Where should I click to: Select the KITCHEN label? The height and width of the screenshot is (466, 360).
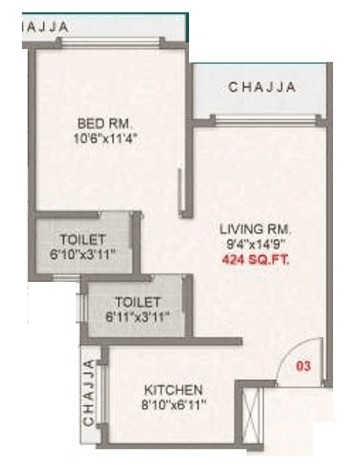coord(172,390)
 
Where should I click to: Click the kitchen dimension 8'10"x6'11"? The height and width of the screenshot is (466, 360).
coord(172,403)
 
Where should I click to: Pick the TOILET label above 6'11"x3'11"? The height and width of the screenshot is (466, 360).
coord(137,302)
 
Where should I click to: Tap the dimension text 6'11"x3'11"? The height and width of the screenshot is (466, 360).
coord(137,316)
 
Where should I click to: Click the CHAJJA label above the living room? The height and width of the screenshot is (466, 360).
coord(262,87)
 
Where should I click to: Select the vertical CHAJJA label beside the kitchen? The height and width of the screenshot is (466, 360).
coord(89,393)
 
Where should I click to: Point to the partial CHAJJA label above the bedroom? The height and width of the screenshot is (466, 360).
coord(45,27)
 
